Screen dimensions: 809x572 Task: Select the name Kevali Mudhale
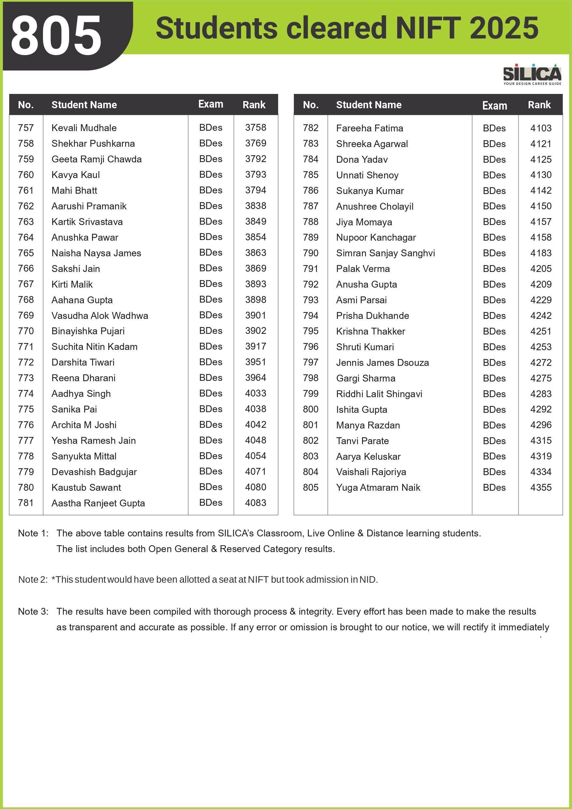[x=84, y=127]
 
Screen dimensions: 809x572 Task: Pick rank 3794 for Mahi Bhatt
[x=256, y=190]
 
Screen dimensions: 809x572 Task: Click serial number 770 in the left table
[x=26, y=331]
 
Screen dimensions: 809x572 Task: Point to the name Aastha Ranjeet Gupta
[x=98, y=503]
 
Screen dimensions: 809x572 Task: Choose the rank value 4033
[x=256, y=393]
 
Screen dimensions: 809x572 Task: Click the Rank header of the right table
[x=539, y=105]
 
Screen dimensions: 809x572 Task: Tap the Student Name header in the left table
[x=84, y=105]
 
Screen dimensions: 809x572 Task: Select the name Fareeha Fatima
[x=369, y=128]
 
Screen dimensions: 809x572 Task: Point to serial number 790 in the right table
[x=310, y=253]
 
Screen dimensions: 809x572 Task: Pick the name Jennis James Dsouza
[x=383, y=363]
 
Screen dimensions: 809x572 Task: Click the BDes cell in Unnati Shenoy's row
[x=494, y=175]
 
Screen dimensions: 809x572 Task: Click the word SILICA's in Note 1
[x=235, y=533]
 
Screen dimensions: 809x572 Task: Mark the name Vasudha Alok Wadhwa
[x=100, y=315]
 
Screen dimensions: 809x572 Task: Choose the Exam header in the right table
[x=494, y=105]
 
